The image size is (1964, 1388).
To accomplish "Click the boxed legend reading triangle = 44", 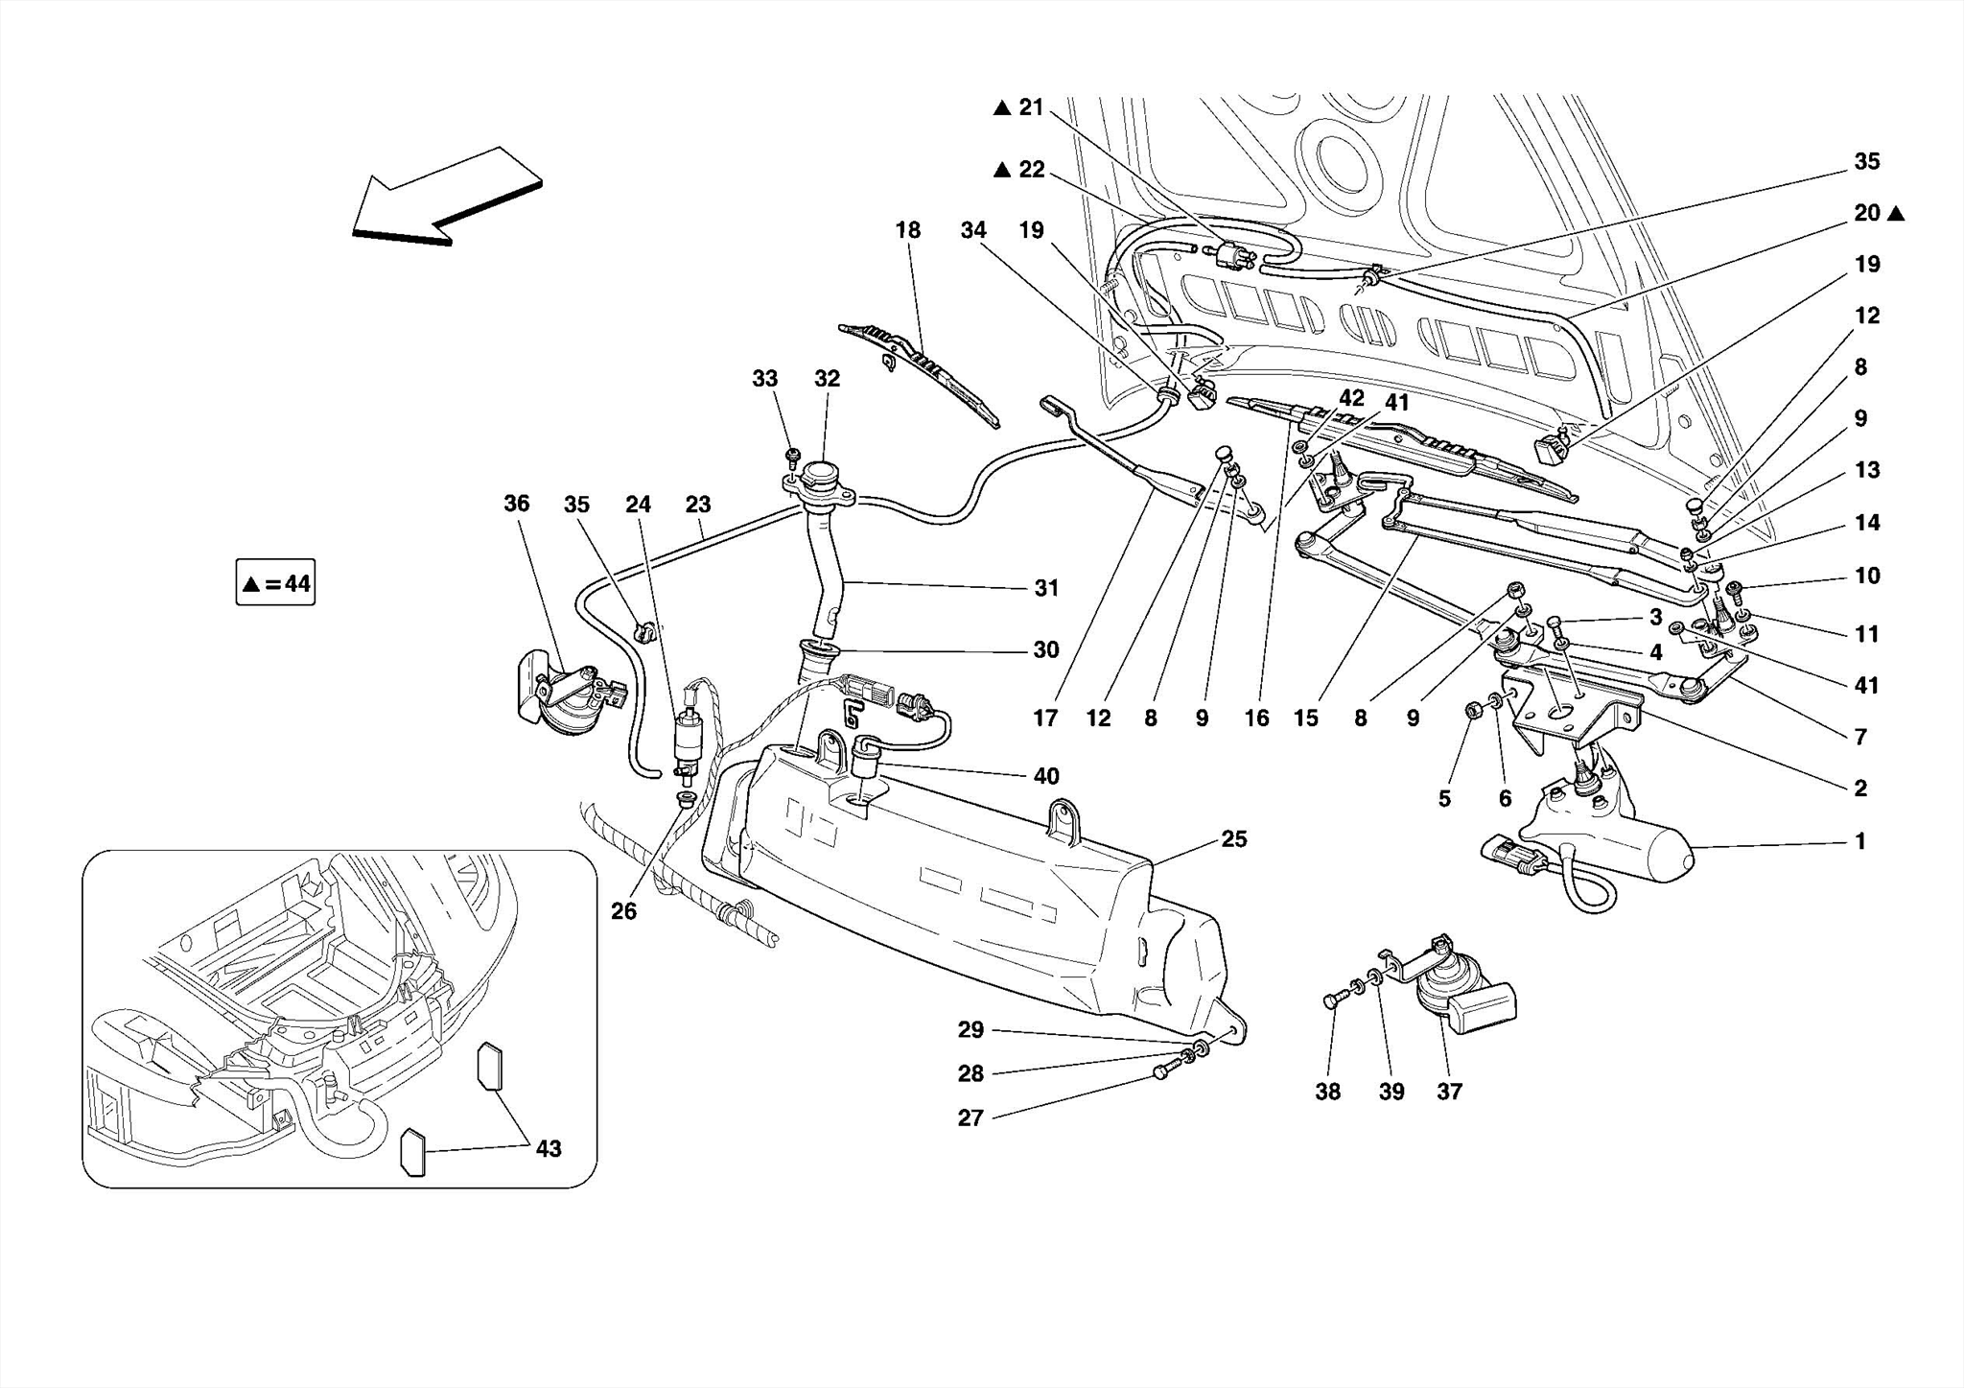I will pos(275,583).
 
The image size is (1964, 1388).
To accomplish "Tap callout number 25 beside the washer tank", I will pos(1233,839).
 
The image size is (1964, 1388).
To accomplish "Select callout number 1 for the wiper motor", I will pos(1859,841).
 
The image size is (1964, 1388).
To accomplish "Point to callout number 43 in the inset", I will pos(548,1148).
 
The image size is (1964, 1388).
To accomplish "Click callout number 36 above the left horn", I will pos(516,504).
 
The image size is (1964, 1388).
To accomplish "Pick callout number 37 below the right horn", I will pos(1449,1092).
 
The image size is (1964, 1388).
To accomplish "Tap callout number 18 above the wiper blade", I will pos(907,230).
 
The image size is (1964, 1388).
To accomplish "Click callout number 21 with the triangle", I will pos(1030,107).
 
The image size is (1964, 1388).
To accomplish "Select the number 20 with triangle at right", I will pos(1866,213).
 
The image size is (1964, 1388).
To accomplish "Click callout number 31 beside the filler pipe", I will pos(1046,588).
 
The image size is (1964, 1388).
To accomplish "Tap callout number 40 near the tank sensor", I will pos(1046,776).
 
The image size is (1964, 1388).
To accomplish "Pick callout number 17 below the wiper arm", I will pos(1045,718).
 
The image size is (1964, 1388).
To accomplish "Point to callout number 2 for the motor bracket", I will pos(1859,788).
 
